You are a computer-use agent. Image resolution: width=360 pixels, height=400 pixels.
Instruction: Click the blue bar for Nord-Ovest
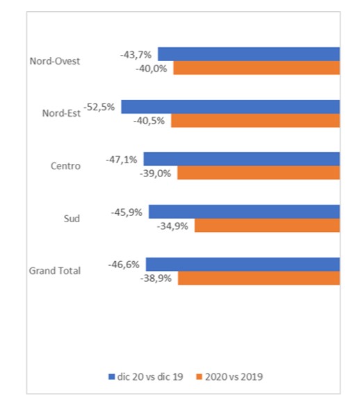[249, 54]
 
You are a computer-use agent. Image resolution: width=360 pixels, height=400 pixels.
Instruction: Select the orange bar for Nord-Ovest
[256, 68]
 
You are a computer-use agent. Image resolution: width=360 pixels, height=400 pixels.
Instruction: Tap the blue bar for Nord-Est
[230, 107]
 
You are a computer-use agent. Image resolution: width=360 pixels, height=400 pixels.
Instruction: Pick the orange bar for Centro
[259, 173]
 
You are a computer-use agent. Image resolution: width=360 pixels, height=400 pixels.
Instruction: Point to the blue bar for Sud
[245, 212]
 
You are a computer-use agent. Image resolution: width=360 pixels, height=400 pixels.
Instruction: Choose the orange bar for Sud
[267, 226]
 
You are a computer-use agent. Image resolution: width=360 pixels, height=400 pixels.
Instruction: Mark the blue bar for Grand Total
[243, 265]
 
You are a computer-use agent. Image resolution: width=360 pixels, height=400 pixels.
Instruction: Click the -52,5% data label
[99, 107]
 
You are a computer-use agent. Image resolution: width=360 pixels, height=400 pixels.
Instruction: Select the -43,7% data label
[136, 55]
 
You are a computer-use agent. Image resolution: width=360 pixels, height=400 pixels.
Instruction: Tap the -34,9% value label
[172, 226]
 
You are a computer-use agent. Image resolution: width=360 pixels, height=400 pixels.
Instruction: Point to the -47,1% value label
[122, 160]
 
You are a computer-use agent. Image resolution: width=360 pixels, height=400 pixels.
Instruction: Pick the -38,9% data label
[156, 278]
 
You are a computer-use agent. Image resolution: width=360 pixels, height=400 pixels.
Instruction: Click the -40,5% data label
[149, 121]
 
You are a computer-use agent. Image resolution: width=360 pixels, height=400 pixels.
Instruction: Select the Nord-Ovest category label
[55, 61]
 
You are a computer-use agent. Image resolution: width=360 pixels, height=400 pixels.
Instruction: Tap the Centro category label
[65, 166]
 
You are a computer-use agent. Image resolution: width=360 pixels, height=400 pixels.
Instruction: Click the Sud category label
[72, 219]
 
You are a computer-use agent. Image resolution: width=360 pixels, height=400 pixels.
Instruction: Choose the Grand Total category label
[55, 271]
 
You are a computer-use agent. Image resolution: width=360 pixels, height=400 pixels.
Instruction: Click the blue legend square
[112, 377]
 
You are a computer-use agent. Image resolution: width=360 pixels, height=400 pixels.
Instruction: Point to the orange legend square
[199, 377]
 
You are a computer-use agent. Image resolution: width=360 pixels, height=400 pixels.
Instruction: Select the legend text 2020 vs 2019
[234, 377]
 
